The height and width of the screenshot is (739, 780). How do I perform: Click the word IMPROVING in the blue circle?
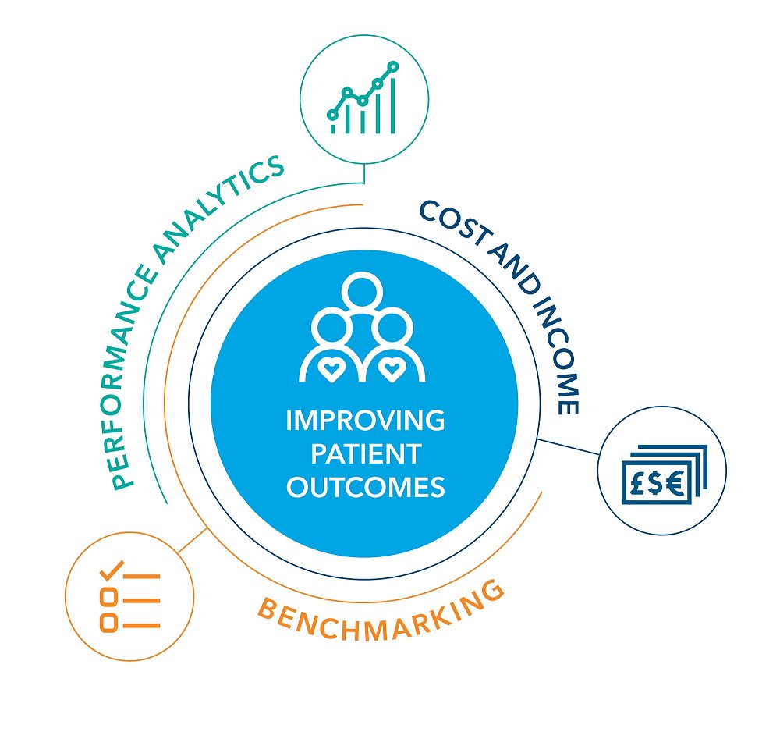[x=365, y=421]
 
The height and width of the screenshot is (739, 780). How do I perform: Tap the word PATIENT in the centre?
[x=365, y=454]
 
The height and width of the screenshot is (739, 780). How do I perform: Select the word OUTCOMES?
[x=365, y=488]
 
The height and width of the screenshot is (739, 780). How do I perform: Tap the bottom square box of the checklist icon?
[x=109, y=623]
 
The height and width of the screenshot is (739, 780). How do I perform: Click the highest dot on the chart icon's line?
[x=393, y=67]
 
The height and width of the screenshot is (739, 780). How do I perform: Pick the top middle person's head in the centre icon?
[x=361, y=290]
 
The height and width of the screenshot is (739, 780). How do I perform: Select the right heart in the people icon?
[x=390, y=366]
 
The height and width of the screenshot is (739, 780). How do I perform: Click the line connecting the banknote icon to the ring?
[x=569, y=447]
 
